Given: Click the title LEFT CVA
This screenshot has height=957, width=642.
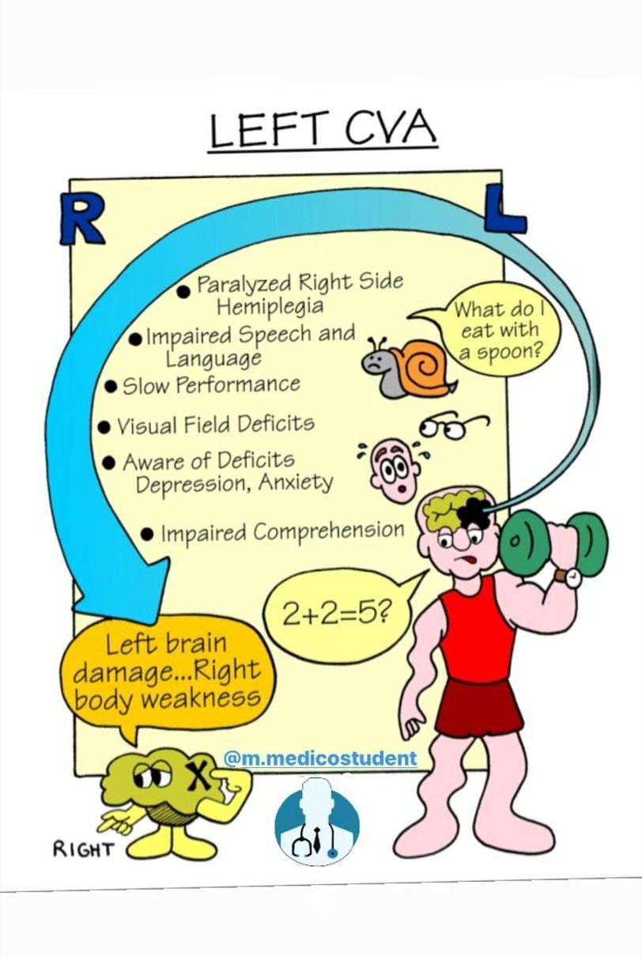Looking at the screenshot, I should coord(323,130).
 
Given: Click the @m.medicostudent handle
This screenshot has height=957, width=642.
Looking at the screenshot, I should coord(319,758).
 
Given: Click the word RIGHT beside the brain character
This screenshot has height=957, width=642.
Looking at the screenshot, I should coord(84,849).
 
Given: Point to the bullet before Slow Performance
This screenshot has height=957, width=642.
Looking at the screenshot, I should coord(111,387).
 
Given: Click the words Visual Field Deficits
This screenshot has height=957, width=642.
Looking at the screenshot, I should coord(215,425).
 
